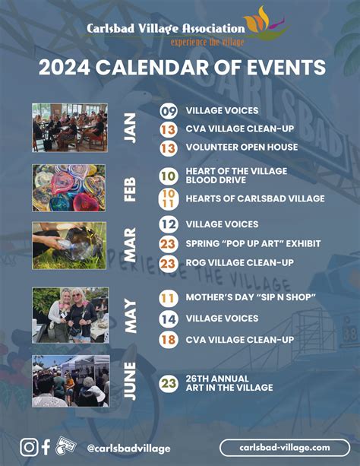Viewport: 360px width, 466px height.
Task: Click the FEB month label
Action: (130, 188)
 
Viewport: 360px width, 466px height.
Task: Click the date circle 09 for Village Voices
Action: (169, 111)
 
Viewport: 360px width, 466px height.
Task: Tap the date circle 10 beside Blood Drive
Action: (169, 176)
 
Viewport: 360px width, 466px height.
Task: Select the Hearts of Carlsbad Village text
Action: (244, 198)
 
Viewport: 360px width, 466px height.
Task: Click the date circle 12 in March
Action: (169, 224)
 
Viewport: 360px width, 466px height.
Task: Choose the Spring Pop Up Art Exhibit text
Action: (253, 243)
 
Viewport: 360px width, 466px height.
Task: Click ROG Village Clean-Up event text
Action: (239, 262)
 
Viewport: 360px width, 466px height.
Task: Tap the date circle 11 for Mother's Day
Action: (169, 297)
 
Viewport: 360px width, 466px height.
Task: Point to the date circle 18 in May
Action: (169, 339)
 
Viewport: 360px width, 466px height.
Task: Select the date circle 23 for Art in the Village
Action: (169, 383)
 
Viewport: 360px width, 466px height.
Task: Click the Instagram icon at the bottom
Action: (29, 448)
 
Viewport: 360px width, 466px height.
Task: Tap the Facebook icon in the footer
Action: (46, 448)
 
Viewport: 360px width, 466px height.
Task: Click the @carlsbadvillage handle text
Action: (128, 449)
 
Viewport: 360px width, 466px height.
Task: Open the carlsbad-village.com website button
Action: (284, 448)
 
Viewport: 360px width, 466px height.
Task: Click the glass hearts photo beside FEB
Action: (70, 188)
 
